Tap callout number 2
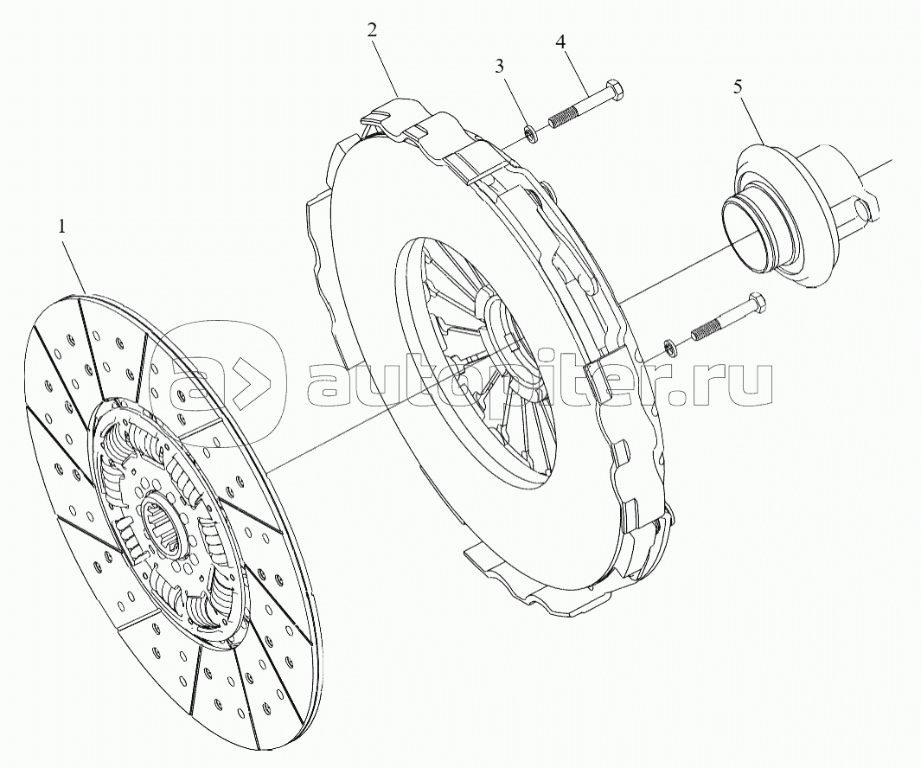tap(372, 30)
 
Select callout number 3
tap(499, 67)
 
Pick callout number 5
tap(738, 87)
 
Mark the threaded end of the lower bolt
tap(704, 330)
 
